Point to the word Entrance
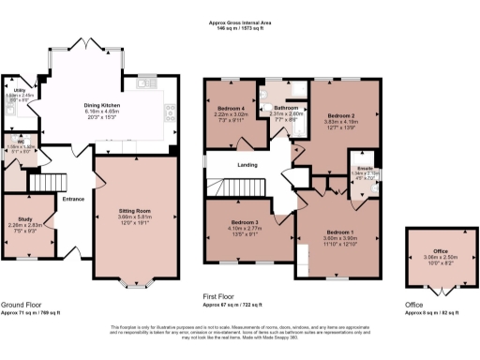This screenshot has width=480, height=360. tap(73, 198)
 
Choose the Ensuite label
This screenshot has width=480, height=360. tap(367, 168)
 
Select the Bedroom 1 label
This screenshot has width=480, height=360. tap(340, 231)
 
